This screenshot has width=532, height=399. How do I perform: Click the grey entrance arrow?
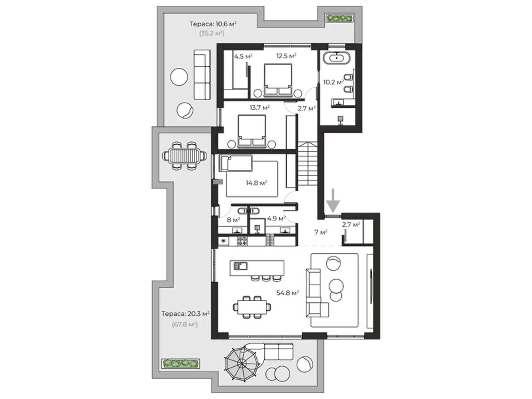pos(333,201)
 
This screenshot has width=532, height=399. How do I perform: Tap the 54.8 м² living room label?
pos(288,293)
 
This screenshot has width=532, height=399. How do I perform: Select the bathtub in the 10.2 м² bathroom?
pos(336,58)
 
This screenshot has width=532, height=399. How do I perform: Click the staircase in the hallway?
pos(307,164)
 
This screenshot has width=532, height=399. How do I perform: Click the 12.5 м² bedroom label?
pos(286,56)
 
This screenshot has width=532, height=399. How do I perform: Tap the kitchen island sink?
pos(240,266)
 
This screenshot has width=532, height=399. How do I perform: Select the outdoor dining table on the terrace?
pos(185,156)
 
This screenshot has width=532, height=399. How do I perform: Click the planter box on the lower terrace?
pos(181,363)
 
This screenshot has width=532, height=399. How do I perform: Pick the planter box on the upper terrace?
pos(339,18)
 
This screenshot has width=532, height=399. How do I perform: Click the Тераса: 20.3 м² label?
pos(186,314)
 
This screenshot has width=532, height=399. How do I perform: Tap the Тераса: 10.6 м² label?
pos(213,24)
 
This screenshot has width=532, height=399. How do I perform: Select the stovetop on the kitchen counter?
pos(242,241)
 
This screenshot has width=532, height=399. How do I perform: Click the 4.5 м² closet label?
pos(243,57)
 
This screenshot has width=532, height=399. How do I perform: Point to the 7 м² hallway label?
pos(321,232)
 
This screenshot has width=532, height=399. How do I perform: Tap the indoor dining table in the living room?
pos(252,307)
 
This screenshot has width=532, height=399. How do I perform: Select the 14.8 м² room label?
pos(256,183)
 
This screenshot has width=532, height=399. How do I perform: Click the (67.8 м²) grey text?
pos(185,325)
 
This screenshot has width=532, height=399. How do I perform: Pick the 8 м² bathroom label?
pos(233,220)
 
